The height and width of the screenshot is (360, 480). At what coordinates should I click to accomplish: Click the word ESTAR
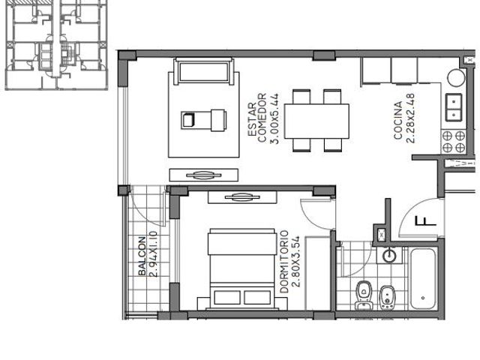pos(252,119)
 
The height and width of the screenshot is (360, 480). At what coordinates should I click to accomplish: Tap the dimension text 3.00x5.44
pos(274,118)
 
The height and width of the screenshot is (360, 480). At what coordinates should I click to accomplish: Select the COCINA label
pos(398,121)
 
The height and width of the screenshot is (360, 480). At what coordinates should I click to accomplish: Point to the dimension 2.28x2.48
pos(410,118)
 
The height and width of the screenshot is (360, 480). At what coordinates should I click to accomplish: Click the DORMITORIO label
pos(284,262)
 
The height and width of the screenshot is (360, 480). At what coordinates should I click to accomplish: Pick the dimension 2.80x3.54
pos(295,261)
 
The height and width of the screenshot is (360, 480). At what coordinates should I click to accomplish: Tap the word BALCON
pos(142,256)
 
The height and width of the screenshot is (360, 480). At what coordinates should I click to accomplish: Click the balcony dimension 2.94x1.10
pos(153,254)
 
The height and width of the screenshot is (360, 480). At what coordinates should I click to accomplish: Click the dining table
pos(316,121)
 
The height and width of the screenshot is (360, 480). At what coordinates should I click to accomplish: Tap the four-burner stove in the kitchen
pos(454,142)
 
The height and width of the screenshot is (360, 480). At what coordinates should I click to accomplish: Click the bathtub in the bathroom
pos(423,279)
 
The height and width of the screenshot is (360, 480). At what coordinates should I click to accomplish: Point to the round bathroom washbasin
pos(390,255)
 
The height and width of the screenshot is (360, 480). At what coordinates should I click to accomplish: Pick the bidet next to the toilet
pos(387,297)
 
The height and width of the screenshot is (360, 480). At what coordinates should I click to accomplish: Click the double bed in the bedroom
pos(242,269)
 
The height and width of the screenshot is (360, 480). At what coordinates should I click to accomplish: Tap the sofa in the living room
pos(203,71)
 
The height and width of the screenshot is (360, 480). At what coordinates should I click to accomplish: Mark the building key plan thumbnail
pos(57,45)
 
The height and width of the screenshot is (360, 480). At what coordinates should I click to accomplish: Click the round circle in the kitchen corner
pos(456,78)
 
